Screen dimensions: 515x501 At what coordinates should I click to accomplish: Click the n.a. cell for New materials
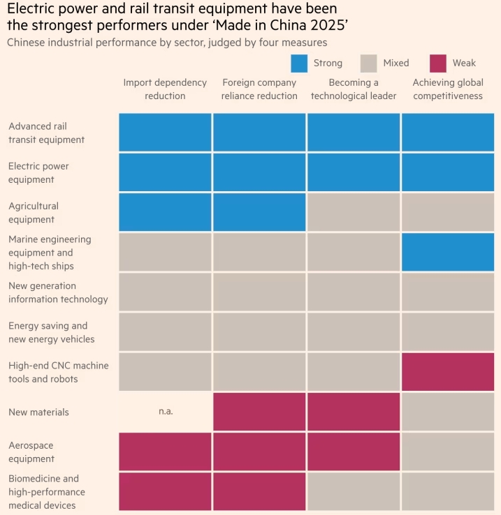(165, 412)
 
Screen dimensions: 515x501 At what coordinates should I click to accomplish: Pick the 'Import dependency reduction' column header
(165, 89)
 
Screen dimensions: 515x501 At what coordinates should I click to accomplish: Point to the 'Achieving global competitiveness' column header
(448, 89)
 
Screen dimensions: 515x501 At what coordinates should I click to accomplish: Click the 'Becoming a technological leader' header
(354, 89)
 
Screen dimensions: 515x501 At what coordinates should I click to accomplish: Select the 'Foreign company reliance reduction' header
(259, 89)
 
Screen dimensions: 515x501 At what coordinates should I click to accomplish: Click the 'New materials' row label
(39, 412)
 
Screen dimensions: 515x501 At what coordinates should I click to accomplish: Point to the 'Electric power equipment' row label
(39, 173)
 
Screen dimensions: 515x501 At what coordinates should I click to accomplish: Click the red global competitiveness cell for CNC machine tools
(448, 372)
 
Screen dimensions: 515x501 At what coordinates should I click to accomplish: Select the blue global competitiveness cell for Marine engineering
(448, 252)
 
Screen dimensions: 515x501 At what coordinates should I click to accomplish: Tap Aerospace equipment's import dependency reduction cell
(165, 451)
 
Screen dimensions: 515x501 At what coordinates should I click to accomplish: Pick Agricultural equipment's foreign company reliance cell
(259, 213)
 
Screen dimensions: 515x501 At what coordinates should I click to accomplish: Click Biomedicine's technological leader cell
(354, 491)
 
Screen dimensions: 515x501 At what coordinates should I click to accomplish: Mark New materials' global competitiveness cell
(448, 412)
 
